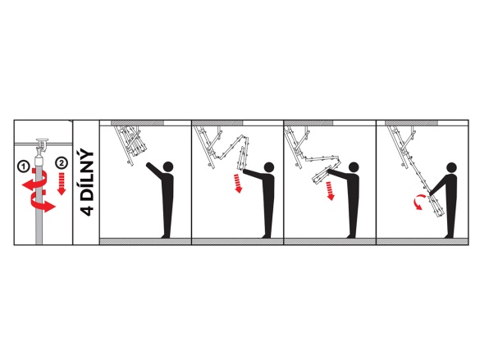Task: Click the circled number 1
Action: pos(23,166)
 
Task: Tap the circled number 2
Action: pos(62,162)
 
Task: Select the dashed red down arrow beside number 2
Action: pos(62,184)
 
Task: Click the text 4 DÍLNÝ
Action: pos(87,183)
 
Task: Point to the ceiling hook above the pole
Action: pos(41,146)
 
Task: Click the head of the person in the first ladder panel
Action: pos(168,166)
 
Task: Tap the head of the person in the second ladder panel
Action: pos(269,167)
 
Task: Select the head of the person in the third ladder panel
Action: pos(354,167)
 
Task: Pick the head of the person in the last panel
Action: pos(452,167)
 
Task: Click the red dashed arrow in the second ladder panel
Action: pos(238,183)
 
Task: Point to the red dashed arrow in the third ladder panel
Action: pos(330,190)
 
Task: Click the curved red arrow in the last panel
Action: pos(418,203)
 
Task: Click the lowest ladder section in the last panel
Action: pos(437,207)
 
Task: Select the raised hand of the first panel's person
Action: pos(148,165)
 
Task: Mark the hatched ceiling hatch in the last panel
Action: pos(411,123)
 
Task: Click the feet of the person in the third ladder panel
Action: pos(351,236)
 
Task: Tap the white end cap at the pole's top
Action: pos(39,161)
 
